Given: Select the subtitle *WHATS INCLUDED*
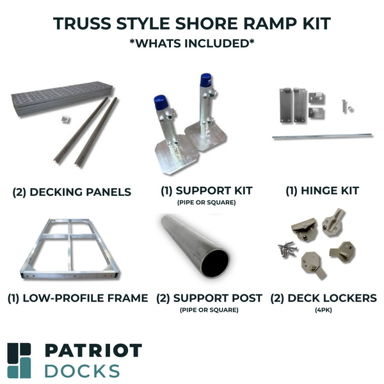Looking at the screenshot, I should pyautogui.click(x=192, y=44).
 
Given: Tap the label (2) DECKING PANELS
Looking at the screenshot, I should pyautogui.click(x=72, y=192).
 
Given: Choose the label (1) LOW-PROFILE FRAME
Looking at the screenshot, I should pyautogui.click(x=78, y=298).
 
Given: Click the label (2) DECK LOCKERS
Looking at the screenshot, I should pyautogui.click(x=323, y=298).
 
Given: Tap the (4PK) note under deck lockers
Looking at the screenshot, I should pyautogui.click(x=323, y=310).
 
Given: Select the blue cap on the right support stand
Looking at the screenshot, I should pyautogui.click(x=205, y=80).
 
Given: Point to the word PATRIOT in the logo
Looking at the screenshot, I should pyautogui.click(x=93, y=351).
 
